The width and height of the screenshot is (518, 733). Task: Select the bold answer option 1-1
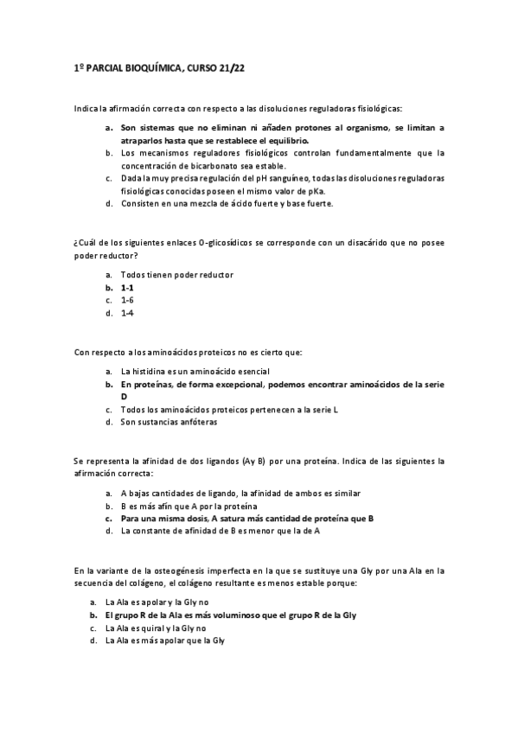pyautogui.click(x=127, y=287)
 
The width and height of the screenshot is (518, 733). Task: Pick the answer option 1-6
pyautogui.click(x=127, y=300)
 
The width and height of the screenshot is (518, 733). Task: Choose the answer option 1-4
pyautogui.click(x=127, y=313)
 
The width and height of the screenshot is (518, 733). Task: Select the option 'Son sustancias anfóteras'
pyautogui.click(x=169, y=423)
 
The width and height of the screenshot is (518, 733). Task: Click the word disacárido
pyautogui.click(x=354, y=243)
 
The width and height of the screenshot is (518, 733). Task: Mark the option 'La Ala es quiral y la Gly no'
pyautogui.click(x=155, y=628)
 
